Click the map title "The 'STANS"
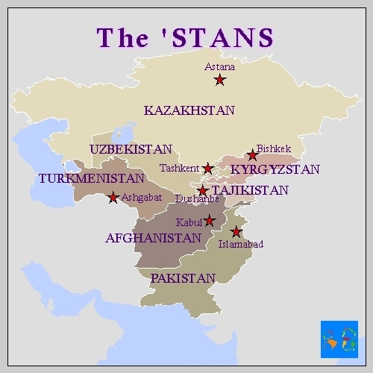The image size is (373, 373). pyautogui.click(x=186, y=37)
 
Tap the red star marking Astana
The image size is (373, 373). pyautogui.click(x=220, y=80)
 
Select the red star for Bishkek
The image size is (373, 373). pyautogui.click(x=253, y=155)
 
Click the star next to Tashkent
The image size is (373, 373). pyautogui.click(x=208, y=169)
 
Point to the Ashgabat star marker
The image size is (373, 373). pyautogui.click(x=113, y=198)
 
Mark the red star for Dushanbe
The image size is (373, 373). pyautogui.click(x=202, y=191)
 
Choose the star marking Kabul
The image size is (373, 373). pyautogui.click(x=210, y=221)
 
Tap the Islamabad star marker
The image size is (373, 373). pyautogui.click(x=236, y=231)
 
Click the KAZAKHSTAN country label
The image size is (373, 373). pyautogui.click(x=189, y=110)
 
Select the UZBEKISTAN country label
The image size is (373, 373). pyautogui.click(x=131, y=149)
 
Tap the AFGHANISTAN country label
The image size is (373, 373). pyautogui.click(x=153, y=239)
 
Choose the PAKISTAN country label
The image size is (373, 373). pyautogui.click(x=183, y=278)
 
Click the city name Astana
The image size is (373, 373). pyautogui.click(x=219, y=66)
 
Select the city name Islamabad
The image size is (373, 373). pyautogui.click(x=240, y=244)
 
